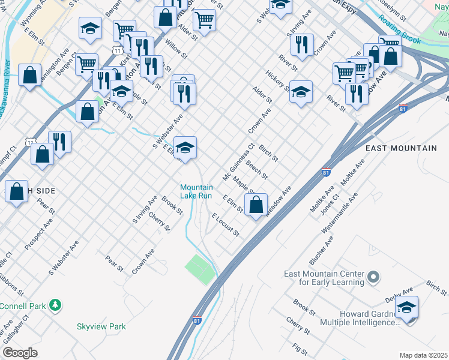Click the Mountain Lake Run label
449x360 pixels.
tap(196, 191)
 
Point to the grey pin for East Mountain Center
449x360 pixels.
tap(373, 277)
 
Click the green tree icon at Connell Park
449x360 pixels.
tap(56, 305)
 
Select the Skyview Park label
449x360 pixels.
tap(101, 326)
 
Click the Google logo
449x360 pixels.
tap(20, 352)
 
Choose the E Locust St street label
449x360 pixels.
tap(225, 224)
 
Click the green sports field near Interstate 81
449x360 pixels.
tap(200, 269)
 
